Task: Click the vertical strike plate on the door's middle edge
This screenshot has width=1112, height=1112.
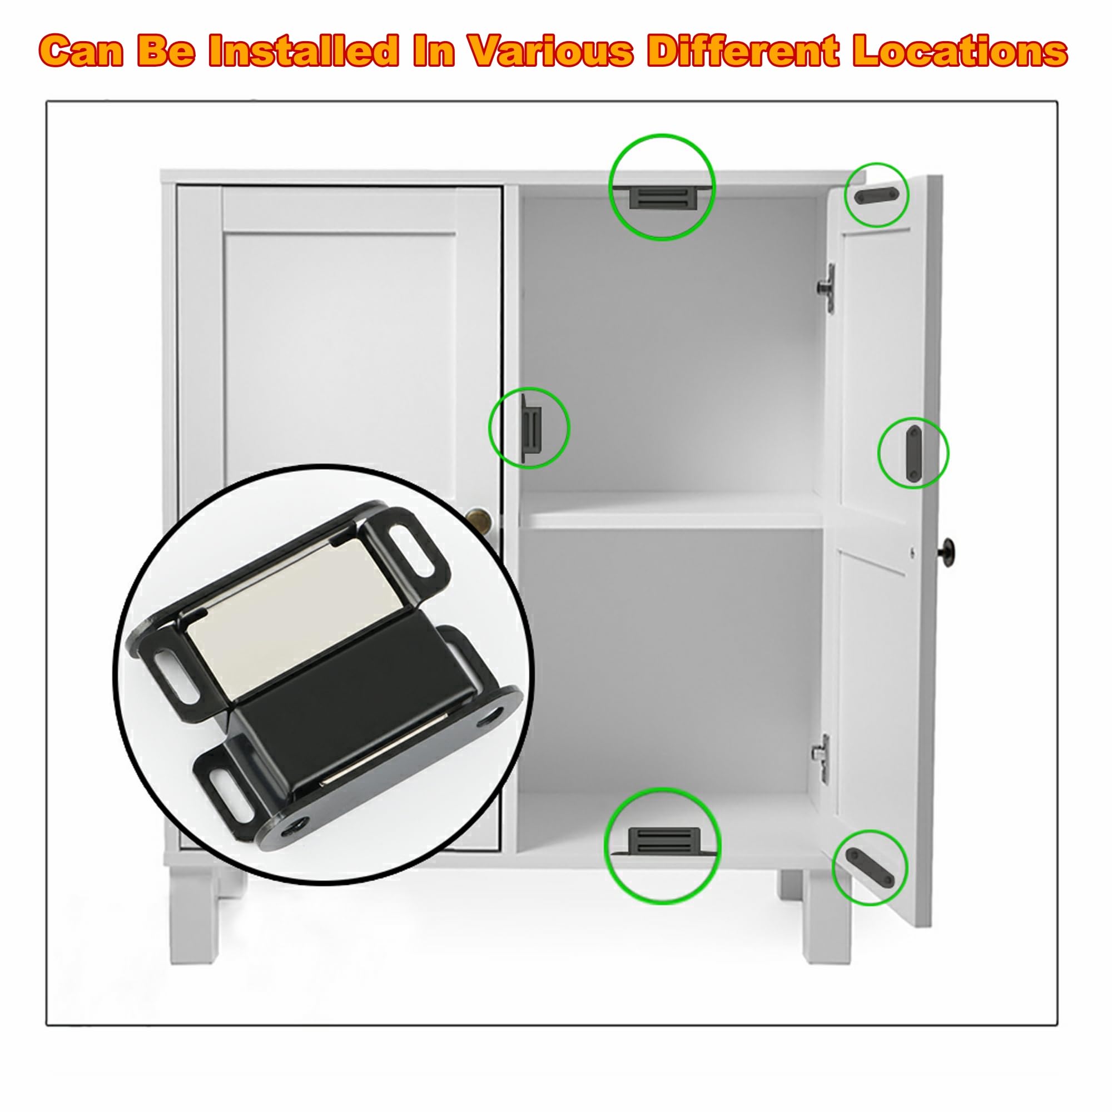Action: [x=913, y=454]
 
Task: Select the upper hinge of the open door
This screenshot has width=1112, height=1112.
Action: [x=827, y=288]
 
